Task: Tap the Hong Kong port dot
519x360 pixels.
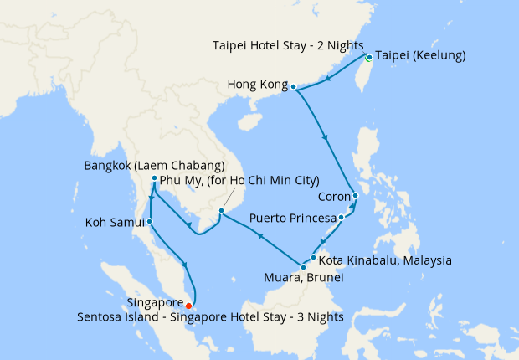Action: [293, 85]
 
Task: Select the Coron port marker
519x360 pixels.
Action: [355, 196]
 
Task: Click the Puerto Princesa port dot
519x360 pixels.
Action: [340, 218]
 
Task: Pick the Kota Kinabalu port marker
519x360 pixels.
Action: [314, 257]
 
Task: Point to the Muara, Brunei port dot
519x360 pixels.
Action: [303, 267]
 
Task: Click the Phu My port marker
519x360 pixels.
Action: [221, 210]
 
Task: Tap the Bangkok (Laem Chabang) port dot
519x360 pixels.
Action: [155, 178]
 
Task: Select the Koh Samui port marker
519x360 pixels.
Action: [149, 222]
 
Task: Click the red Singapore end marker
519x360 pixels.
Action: [188, 305]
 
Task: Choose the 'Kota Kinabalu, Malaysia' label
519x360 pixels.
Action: [386, 260]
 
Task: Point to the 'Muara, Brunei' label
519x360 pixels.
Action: [303, 278]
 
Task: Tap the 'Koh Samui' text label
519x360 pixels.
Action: [115, 223]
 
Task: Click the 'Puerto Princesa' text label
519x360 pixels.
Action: [292, 219]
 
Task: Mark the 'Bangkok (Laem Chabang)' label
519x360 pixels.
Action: [154, 165]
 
